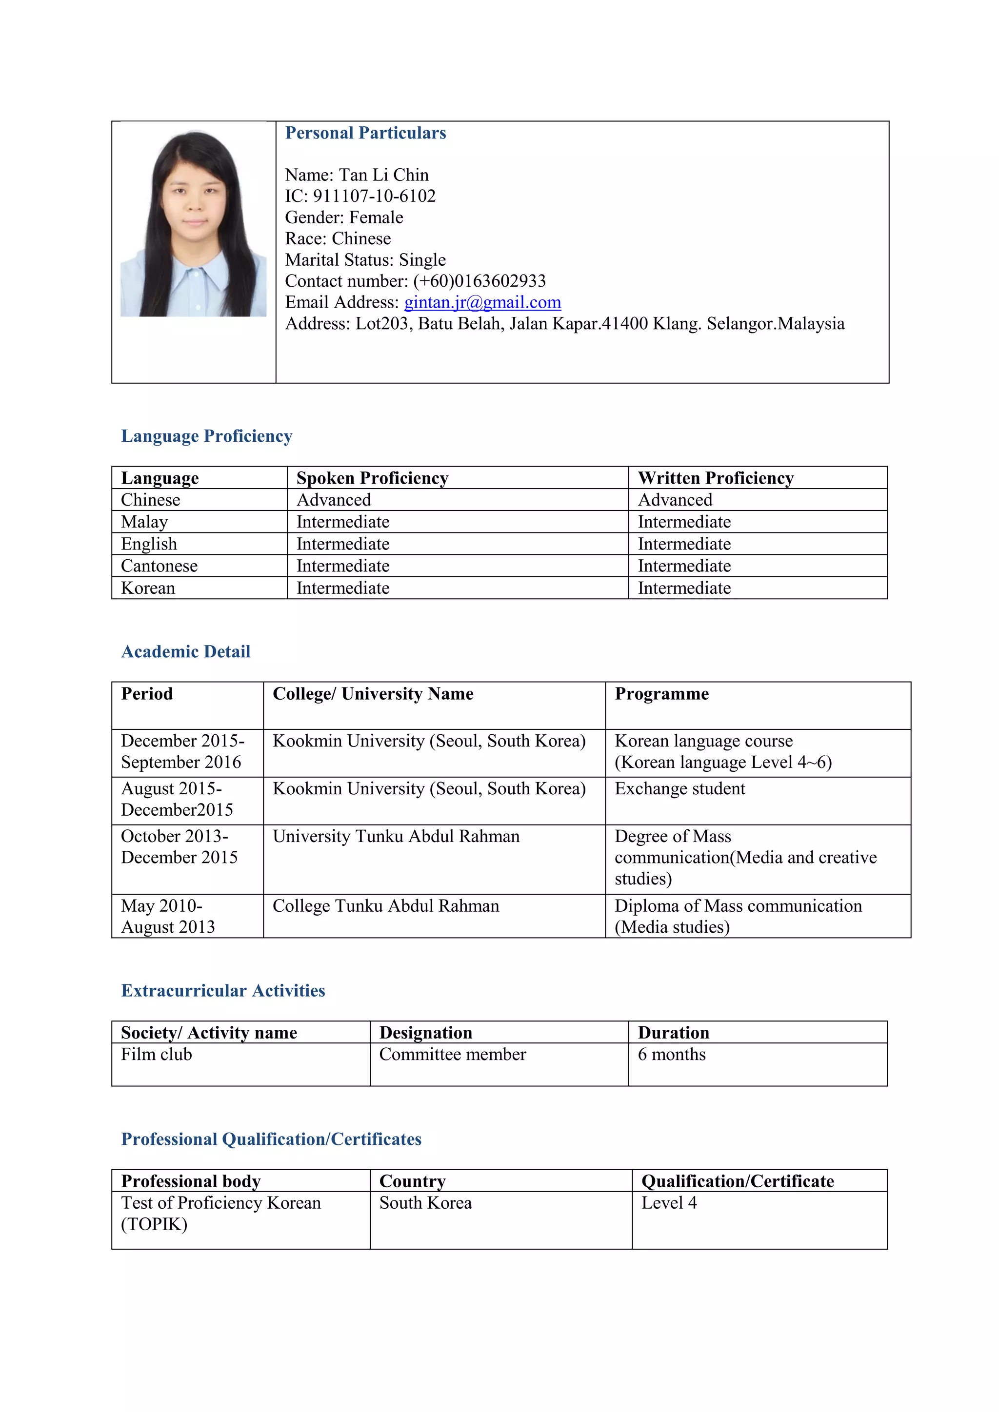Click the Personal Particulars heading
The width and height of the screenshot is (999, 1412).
pyautogui.click(x=365, y=134)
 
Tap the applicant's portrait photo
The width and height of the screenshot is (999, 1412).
pyautogui.click(x=193, y=224)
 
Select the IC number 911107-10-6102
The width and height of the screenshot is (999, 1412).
pyautogui.click(x=374, y=196)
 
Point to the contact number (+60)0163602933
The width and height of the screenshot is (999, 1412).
pyautogui.click(x=479, y=281)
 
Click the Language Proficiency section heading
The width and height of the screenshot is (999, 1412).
pyautogui.click(x=207, y=436)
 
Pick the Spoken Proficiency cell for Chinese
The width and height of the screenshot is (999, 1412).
pyautogui.click(x=334, y=500)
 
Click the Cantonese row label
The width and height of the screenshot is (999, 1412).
pyautogui.click(x=160, y=566)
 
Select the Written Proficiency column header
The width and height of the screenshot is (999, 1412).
pyautogui.click(x=716, y=478)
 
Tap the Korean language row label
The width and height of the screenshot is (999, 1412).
pyautogui.click(x=148, y=588)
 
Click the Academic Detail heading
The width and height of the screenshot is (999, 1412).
pyautogui.click(x=186, y=652)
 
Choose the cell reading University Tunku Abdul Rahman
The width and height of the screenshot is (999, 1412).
pyautogui.click(x=396, y=836)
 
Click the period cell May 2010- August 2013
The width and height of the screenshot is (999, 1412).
pyautogui.click(x=168, y=916)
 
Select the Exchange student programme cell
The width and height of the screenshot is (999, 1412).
pyautogui.click(x=679, y=789)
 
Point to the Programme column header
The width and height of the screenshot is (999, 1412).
pyautogui.click(x=662, y=694)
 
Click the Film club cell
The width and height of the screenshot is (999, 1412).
pyautogui.click(x=157, y=1055)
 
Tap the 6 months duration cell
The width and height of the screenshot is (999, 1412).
pyautogui.click(x=672, y=1055)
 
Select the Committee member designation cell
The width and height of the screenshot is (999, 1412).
pyautogui.click(x=453, y=1055)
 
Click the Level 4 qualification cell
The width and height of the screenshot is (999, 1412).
pyautogui.click(x=669, y=1203)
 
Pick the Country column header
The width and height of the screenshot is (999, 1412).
pyautogui.click(x=412, y=1181)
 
